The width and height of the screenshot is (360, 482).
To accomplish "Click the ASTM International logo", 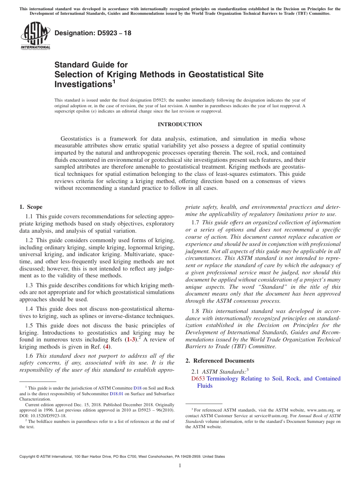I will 35,36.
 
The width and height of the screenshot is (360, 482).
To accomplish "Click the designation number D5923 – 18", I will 93,33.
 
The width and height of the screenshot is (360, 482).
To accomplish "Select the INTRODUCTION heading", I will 180,124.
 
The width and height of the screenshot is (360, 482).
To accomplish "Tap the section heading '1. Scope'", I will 31,207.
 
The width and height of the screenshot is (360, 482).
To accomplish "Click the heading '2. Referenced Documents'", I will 220,361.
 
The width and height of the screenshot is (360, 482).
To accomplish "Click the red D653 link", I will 198,379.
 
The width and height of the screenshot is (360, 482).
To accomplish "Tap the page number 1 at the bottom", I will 180,465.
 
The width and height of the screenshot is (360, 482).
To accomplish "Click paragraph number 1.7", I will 196,223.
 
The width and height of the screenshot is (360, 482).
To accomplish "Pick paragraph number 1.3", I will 29,285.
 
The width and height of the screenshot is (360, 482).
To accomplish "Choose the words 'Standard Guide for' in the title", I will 91,64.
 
